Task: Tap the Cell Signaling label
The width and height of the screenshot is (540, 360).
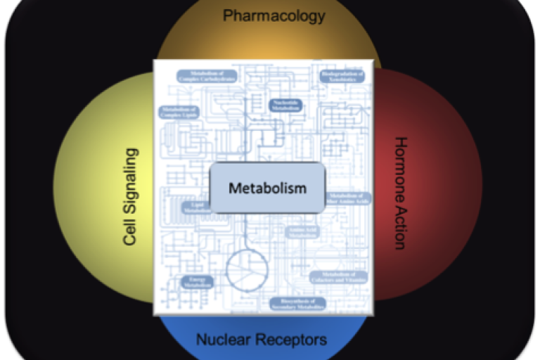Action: tap(130, 196)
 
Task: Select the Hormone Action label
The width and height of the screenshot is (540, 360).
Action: tap(399, 193)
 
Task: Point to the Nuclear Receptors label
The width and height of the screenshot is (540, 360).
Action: tap(261, 340)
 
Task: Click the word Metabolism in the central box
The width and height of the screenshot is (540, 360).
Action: tap(267, 188)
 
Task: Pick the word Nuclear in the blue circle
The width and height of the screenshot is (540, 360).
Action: tap(223, 340)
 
